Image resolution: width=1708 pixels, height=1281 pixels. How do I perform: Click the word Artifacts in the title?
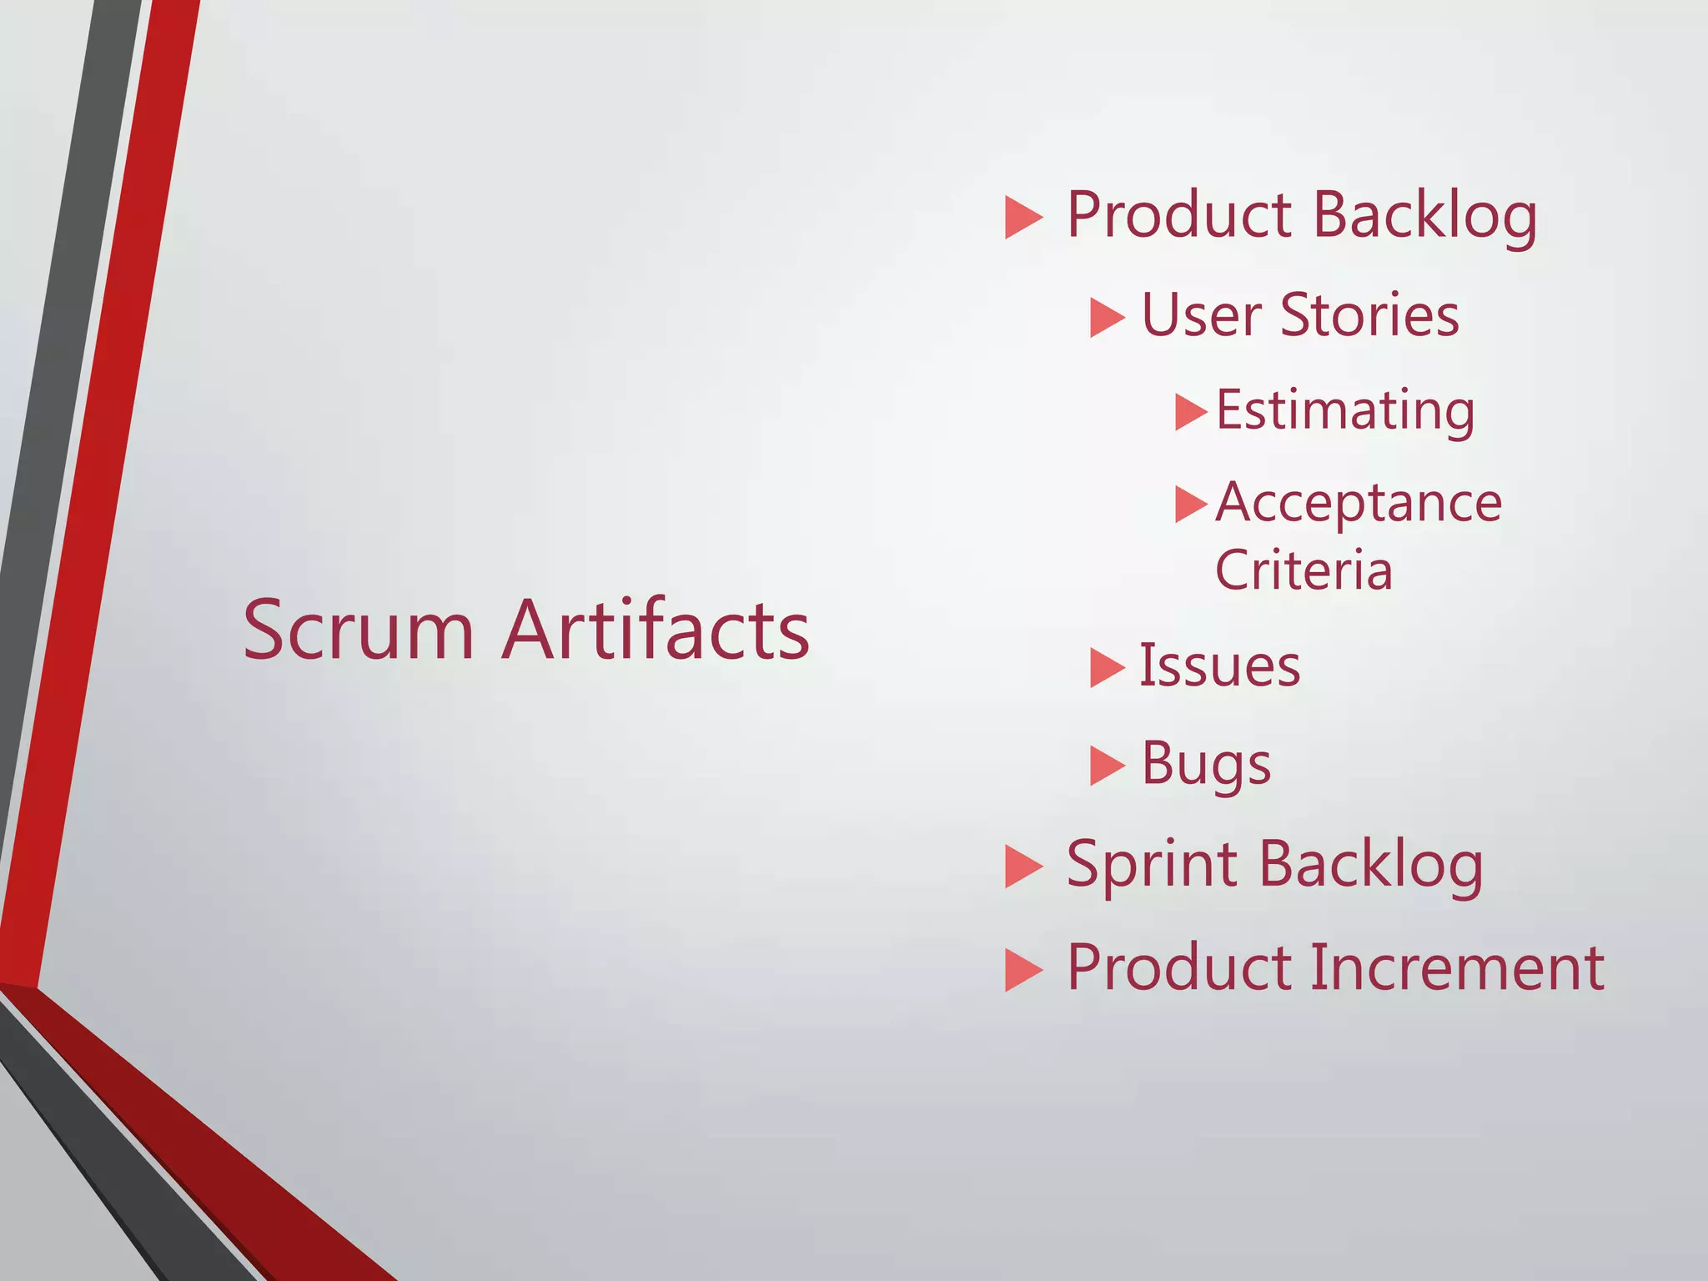coord(656,630)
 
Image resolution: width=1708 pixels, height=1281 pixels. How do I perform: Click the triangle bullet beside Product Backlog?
coord(1023,218)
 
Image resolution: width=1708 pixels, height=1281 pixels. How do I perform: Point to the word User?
coord(1201,316)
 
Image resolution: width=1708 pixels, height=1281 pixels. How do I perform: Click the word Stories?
coord(1369,316)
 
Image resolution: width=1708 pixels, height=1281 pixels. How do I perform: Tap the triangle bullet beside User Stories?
coord(1107,319)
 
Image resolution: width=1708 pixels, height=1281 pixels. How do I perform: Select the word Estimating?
coord(1345,411)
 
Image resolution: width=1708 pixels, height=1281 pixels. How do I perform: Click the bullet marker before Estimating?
coord(1190,412)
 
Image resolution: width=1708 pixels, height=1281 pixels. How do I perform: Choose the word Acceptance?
coord(1359,504)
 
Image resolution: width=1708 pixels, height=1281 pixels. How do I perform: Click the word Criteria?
coord(1304,570)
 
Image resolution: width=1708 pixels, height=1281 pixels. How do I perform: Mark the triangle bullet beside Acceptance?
coord(1190,504)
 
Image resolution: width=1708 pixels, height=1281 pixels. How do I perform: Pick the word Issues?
coord(1219,666)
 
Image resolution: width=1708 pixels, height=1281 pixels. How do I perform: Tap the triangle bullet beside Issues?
coord(1107,668)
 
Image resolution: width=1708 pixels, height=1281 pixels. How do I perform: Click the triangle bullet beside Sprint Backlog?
coord(1023,867)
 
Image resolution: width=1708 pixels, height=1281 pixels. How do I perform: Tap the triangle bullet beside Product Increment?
coord(1023,971)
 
